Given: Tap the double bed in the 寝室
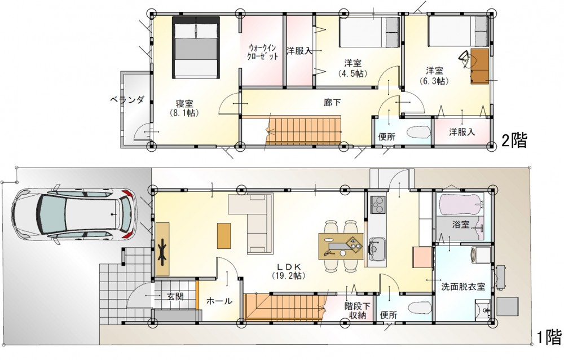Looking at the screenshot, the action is point(196,47).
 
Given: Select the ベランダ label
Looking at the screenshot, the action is point(127,100).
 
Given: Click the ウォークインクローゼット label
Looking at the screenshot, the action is point(263,52).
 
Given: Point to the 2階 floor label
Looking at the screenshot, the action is point(515,140).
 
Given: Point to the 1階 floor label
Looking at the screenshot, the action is point(549,337).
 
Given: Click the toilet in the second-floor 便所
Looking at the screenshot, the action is point(418,132).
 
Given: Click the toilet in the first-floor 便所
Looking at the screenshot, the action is point(420,308).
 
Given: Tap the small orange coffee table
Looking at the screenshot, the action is point(224,235).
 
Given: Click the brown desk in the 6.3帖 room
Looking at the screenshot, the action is point(480,66).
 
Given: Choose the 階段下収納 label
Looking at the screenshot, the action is point(358,310).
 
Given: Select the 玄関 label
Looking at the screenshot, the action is point(175,297).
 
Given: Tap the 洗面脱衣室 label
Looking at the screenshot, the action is point(463,287).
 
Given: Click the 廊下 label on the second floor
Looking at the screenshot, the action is point(332,103).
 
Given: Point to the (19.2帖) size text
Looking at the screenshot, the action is point(289,276).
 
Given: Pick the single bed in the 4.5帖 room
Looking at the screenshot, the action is point(369,32).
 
